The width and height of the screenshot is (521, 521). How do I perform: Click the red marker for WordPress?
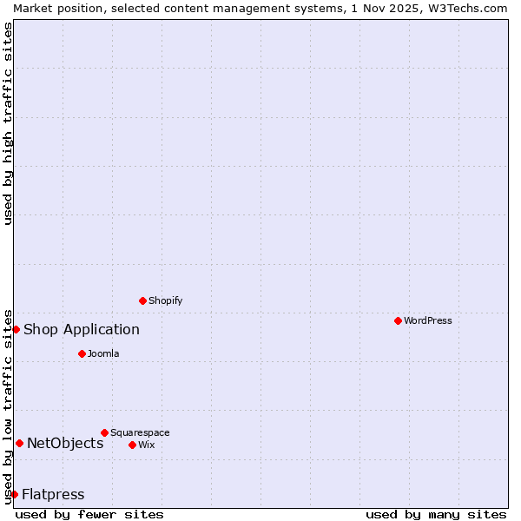(398, 320)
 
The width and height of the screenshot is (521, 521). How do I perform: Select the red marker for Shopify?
(142, 300)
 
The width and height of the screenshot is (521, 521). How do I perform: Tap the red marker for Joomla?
(82, 353)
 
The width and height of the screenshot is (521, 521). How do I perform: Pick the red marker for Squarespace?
(104, 432)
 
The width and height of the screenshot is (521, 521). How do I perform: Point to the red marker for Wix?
(132, 445)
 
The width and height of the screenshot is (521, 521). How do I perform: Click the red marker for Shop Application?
(16, 329)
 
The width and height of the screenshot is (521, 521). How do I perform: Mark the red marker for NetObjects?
(19, 443)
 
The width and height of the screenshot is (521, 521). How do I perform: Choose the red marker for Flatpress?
(14, 494)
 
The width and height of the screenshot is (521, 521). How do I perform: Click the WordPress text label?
(428, 320)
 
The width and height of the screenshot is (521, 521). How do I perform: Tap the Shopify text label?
(165, 300)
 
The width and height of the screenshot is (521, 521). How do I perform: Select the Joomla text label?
(103, 353)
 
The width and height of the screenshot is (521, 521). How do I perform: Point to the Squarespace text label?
(140, 432)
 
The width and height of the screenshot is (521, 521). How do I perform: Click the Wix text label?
(147, 445)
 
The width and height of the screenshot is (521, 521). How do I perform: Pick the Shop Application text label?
(82, 329)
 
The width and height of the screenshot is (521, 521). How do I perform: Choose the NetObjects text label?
(65, 443)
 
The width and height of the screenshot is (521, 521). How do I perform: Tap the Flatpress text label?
(53, 494)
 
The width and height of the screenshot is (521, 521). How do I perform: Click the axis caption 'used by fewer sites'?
(89, 514)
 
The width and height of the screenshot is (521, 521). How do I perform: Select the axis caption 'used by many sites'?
(436, 514)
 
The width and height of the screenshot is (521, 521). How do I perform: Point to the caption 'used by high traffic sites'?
(8, 122)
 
